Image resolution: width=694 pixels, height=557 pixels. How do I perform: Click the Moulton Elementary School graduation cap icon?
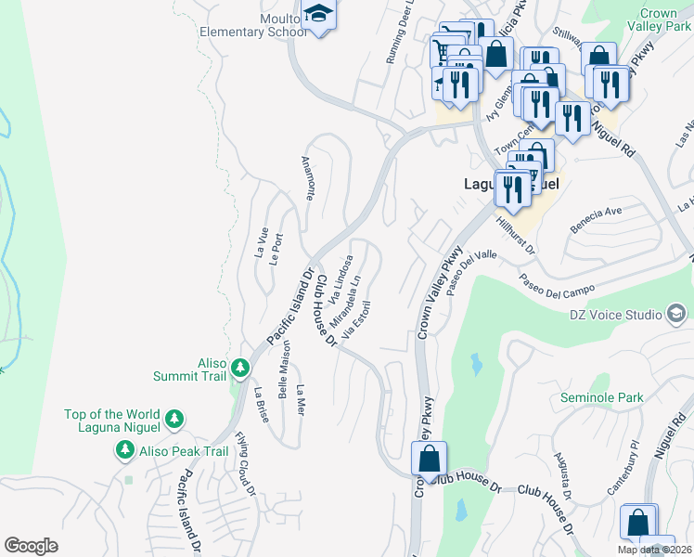318,17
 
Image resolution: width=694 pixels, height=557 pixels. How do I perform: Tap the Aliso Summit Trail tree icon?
240,369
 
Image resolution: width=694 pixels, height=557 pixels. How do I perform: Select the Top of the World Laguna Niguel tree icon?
173,421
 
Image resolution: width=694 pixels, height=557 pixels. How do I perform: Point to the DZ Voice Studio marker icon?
677,315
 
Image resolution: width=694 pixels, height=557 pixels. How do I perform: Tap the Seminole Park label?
601,398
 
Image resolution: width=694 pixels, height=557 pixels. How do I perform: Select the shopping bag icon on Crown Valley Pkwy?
429,460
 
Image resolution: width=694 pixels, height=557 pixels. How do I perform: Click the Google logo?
31,546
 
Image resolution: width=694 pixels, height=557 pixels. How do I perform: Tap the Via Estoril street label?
357,318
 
